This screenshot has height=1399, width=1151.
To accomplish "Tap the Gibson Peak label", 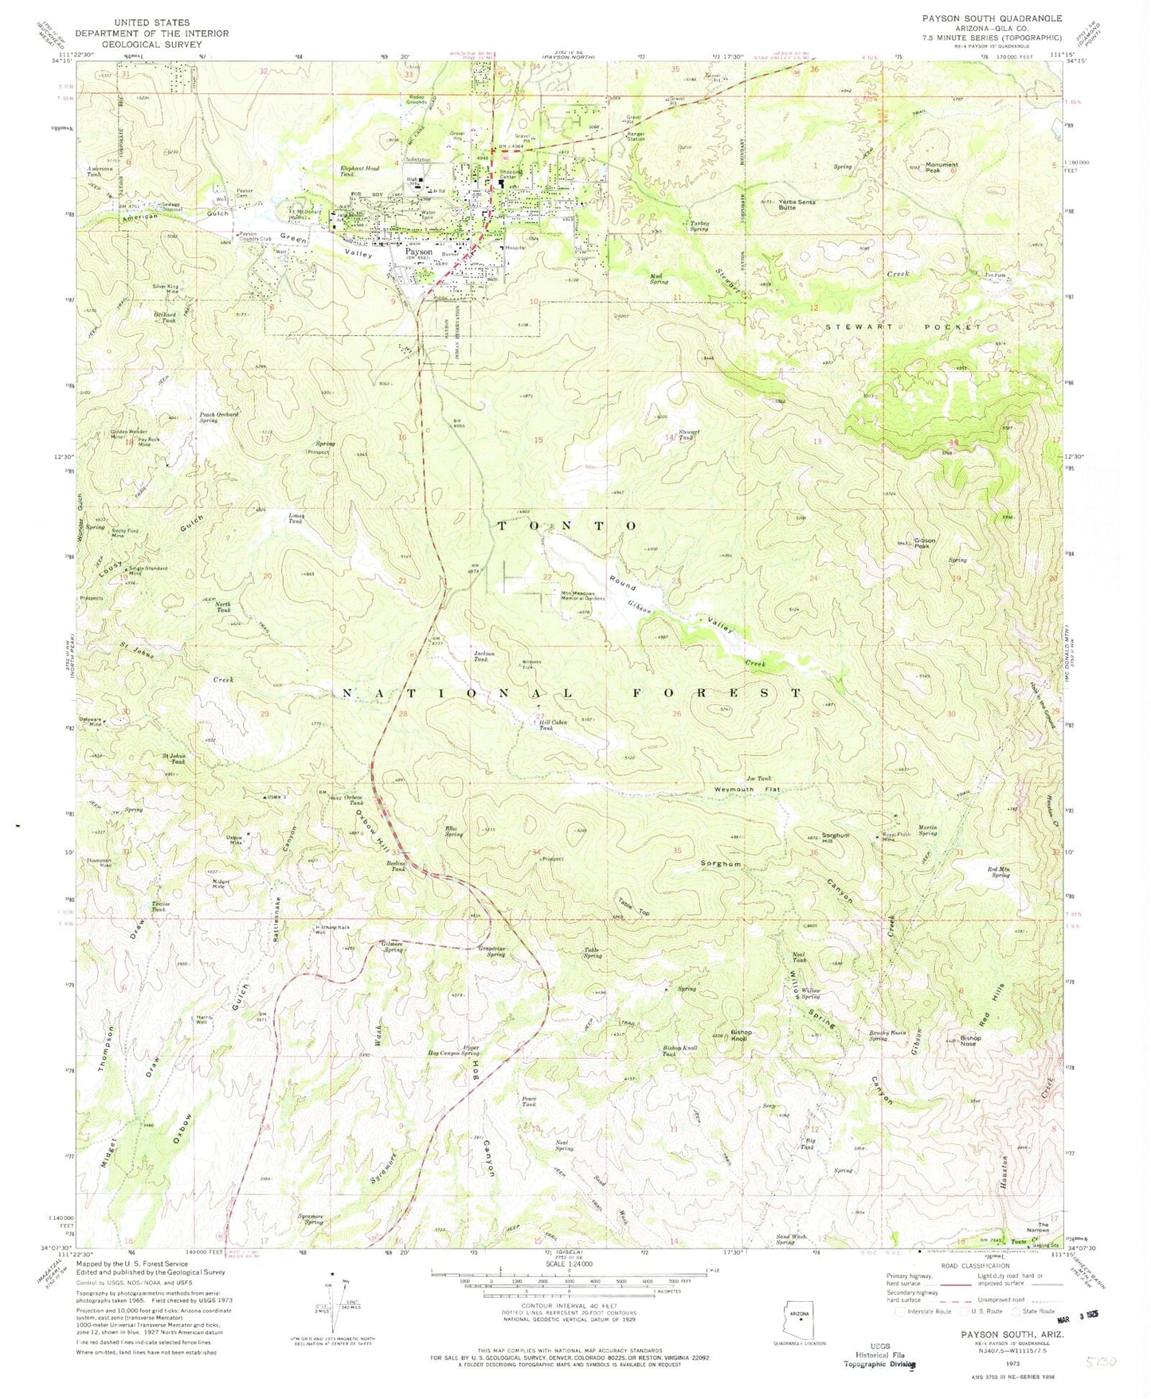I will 924,544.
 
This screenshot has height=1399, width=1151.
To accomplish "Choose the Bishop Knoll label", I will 741,1035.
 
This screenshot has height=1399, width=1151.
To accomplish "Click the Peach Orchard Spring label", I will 219,418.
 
